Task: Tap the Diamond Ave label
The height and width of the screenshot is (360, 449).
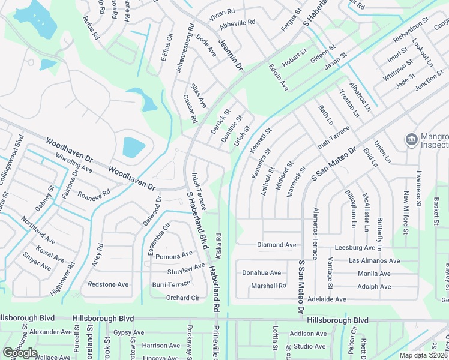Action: click(x=277, y=245)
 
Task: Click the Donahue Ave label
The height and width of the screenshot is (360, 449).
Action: click(x=261, y=272)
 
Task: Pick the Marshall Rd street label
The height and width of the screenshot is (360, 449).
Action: click(x=268, y=286)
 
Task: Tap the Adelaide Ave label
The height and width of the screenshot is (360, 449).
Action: click(x=327, y=299)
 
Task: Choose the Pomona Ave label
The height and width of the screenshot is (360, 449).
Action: click(x=174, y=256)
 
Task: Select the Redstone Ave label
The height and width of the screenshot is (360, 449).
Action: click(x=108, y=284)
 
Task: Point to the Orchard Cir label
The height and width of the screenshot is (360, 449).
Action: click(x=182, y=298)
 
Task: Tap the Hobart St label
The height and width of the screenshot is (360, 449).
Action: click(x=295, y=60)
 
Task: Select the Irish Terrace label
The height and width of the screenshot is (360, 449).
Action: click(x=333, y=139)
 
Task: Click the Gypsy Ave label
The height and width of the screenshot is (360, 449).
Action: click(x=129, y=332)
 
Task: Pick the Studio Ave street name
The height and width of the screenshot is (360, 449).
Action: click(x=309, y=346)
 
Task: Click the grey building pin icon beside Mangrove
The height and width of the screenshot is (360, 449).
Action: click(x=411, y=140)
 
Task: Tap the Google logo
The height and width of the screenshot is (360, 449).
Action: click(x=20, y=353)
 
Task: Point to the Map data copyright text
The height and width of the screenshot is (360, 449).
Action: click(x=423, y=355)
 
